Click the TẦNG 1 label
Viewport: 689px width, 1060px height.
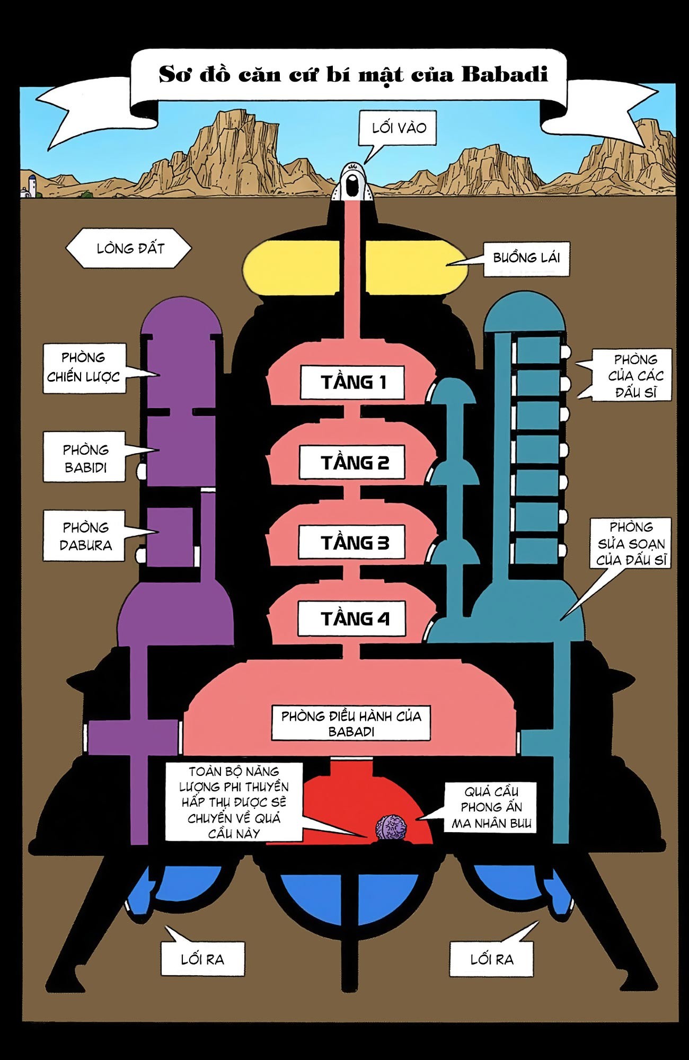(x=352, y=382)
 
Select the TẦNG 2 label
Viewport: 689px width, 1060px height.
(x=352, y=463)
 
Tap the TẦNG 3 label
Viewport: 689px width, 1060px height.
(x=352, y=542)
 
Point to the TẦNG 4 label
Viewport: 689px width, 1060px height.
(x=352, y=619)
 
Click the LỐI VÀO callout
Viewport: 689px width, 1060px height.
(x=398, y=128)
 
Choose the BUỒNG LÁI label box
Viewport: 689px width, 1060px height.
(x=526, y=258)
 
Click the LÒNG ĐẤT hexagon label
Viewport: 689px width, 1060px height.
(x=129, y=248)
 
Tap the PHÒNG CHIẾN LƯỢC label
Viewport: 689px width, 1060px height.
(x=84, y=368)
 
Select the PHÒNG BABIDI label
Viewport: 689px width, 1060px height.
(x=85, y=458)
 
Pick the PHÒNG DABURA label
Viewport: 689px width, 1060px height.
(x=85, y=536)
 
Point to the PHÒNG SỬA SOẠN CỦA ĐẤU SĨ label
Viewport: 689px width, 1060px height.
(x=631, y=543)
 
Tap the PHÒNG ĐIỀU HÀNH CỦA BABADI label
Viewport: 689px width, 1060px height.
(x=351, y=723)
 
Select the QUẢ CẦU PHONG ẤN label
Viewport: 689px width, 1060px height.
(x=490, y=807)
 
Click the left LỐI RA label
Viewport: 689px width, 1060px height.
(x=202, y=959)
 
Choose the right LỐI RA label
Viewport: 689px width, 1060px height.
(x=491, y=959)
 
